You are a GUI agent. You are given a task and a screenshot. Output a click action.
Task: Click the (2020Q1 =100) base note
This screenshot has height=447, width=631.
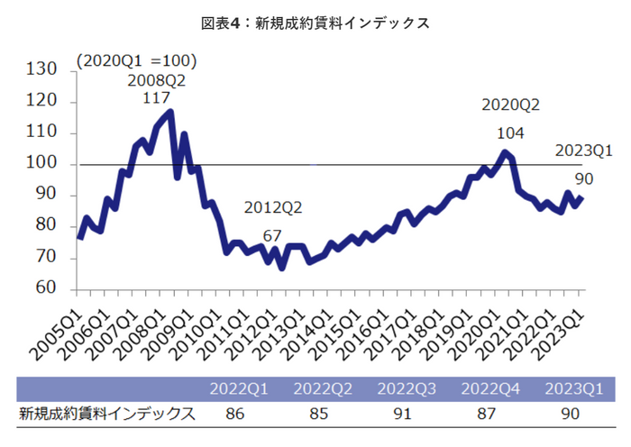click(x=136, y=61)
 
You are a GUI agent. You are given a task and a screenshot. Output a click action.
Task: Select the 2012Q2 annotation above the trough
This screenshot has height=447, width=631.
click(x=273, y=208)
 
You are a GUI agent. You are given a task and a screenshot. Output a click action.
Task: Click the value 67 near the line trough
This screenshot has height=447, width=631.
click(x=273, y=236)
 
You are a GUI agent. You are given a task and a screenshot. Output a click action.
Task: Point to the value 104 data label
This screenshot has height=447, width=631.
click(x=510, y=132)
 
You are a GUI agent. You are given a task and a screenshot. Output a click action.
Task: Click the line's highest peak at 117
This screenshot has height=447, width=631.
click(x=170, y=111)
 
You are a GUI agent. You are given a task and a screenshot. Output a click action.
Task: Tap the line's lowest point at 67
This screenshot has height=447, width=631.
click(x=282, y=268)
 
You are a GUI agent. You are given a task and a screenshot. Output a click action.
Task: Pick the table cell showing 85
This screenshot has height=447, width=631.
click(x=323, y=415)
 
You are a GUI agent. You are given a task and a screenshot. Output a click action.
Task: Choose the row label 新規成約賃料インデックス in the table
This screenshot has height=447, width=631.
click(x=107, y=415)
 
